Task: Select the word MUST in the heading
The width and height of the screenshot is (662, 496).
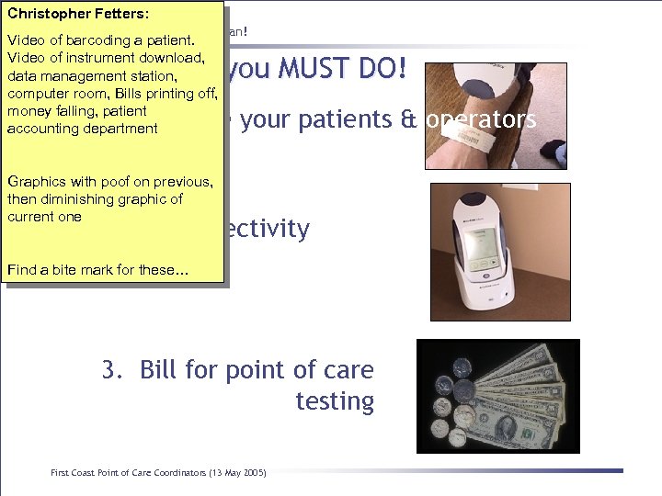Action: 305,69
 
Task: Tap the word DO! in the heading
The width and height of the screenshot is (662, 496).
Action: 384,69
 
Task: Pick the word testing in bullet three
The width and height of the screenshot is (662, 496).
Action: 335,401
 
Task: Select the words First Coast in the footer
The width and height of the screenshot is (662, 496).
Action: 73,472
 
